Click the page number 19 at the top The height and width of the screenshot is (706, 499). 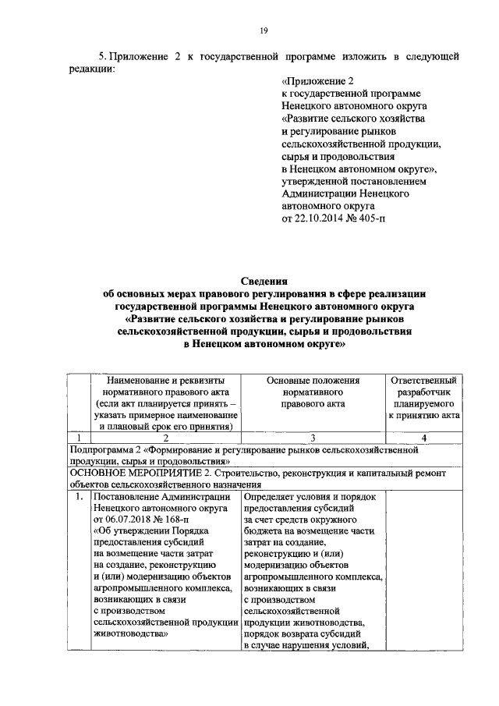(x=263, y=30)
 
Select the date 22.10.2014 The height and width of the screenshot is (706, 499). (x=320, y=219)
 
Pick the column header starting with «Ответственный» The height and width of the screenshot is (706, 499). (x=426, y=380)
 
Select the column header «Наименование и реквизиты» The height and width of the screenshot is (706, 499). (x=164, y=380)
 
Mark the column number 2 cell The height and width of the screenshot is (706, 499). (x=164, y=438)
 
